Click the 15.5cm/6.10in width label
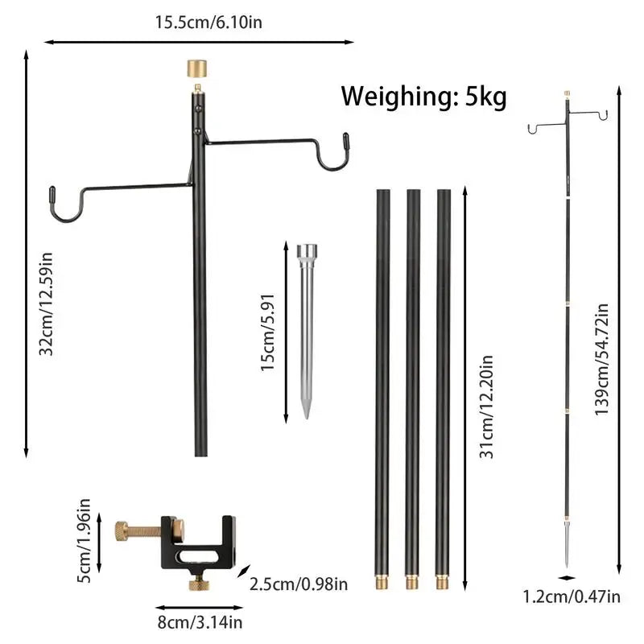click(208, 23)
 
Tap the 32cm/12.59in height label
click(46, 304)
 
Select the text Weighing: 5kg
click(424, 96)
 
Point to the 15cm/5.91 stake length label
click(267, 332)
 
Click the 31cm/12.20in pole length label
click(486, 407)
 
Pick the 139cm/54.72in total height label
click(601, 359)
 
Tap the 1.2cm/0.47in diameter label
click(572, 597)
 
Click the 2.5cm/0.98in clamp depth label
click(299, 584)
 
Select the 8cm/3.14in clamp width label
click(200, 622)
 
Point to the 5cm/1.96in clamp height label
click(84, 540)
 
